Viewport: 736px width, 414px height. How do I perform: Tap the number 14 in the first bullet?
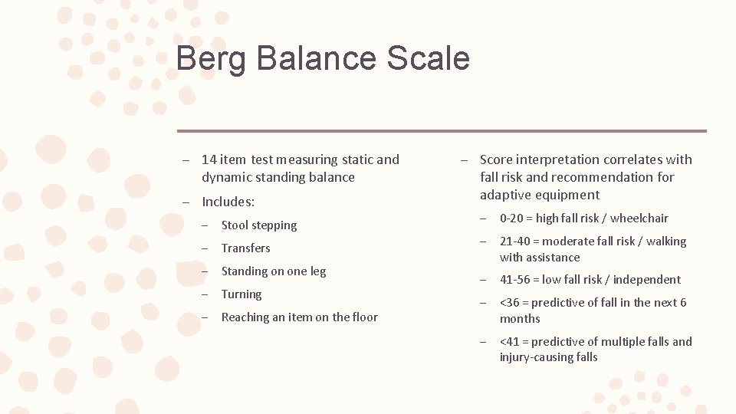coord(209,159)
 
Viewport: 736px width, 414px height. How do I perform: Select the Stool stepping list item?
coord(258,225)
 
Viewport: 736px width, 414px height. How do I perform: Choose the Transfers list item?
coord(245,248)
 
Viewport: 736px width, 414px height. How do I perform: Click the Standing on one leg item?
coord(273,271)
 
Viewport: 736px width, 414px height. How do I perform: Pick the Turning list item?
coord(241,294)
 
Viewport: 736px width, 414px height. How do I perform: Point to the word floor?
coord(363,317)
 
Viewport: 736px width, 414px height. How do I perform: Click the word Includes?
coord(228,202)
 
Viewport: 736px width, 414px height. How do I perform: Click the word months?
coord(520,319)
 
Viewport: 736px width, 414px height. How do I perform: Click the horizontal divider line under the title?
coord(442,131)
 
